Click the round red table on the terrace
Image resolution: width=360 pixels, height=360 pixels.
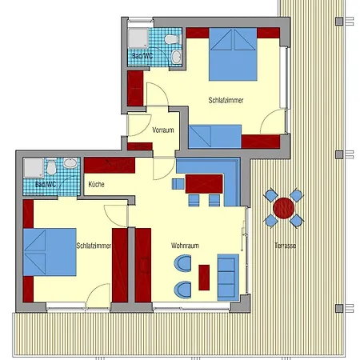click(x=283, y=207)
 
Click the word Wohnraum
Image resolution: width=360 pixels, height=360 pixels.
click(x=184, y=246)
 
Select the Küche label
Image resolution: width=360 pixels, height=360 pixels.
click(x=96, y=184)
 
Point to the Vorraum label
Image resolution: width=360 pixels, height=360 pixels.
click(x=163, y=130)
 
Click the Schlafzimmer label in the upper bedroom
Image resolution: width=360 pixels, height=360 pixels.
click(x=225, y=100)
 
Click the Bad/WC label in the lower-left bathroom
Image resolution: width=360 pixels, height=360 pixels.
click(x=45, y=184)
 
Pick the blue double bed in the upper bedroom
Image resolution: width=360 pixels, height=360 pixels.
click(x=234, y=54)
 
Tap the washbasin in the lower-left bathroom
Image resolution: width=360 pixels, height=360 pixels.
click(x=70, y=163)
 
